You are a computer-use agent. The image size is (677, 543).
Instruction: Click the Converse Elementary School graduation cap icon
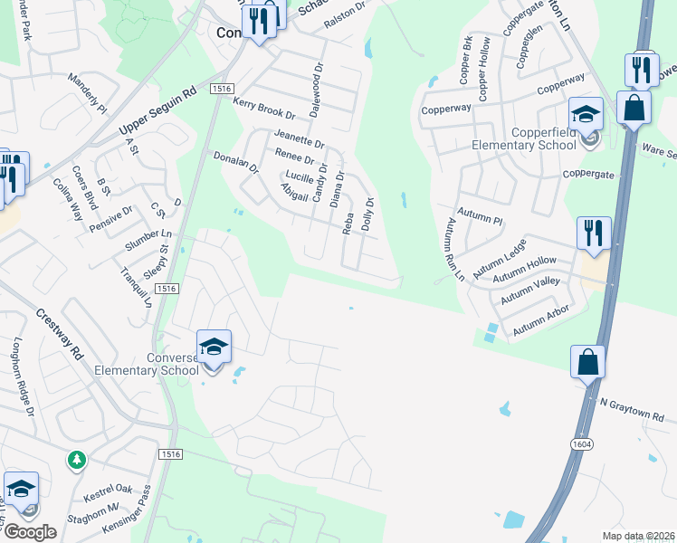(x=213, y=348)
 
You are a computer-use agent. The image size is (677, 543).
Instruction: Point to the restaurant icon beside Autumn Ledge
(x=593, y=233)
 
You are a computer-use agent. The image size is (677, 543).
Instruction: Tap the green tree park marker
(x=77, y=461)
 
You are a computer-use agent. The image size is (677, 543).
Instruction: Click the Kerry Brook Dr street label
(x=264, y=110)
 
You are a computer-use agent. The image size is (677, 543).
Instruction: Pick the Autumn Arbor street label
(x=541, y=321)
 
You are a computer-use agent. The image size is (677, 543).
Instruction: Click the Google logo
(x=29, y=532)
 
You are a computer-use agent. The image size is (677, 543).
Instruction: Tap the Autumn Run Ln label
(x=453, y=249)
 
